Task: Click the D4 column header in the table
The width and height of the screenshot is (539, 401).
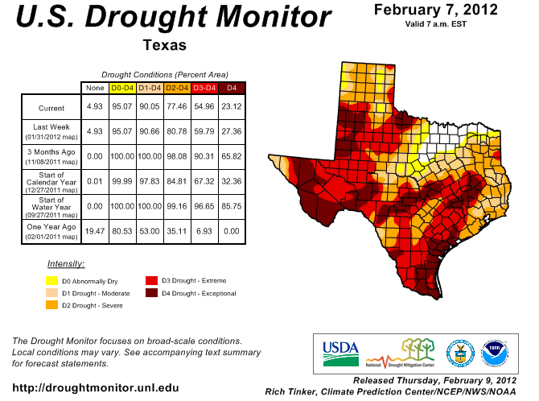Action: pos(232,87)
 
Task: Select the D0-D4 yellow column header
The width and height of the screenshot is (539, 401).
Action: pos(121,87)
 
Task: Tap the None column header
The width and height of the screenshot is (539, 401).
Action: pos(95,87)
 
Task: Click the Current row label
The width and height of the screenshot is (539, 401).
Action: pos(51,107)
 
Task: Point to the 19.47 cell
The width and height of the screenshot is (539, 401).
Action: pos(95,231)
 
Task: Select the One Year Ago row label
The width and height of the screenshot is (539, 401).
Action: pos(51,231)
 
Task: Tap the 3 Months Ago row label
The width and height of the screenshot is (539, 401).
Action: pos(51,155)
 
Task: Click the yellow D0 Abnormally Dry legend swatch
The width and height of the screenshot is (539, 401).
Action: pos(51,281)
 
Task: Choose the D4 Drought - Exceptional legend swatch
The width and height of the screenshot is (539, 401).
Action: pos(151,293)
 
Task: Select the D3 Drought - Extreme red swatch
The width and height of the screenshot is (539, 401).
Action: pos(151,280)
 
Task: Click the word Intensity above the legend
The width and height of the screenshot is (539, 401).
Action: pos(66,263)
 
